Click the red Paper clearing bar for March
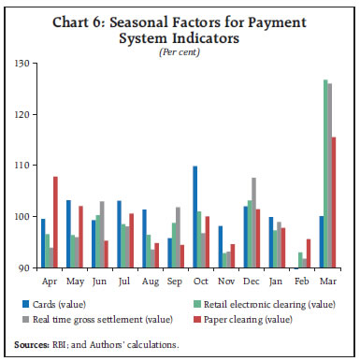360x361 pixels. click(335, 202)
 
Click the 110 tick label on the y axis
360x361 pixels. click(22, 166)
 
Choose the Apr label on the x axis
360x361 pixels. click(50, 279)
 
